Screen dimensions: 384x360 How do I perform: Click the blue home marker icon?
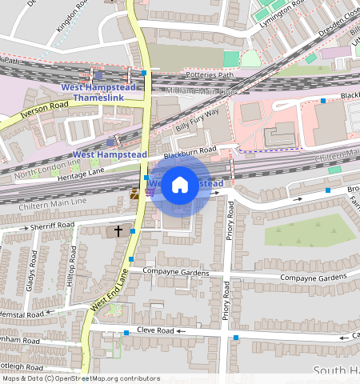[180, 185]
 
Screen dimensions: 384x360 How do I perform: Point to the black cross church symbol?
[118, 230]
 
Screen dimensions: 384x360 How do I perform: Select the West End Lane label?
[109, 290]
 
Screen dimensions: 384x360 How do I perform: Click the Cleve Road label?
[154, 330]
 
